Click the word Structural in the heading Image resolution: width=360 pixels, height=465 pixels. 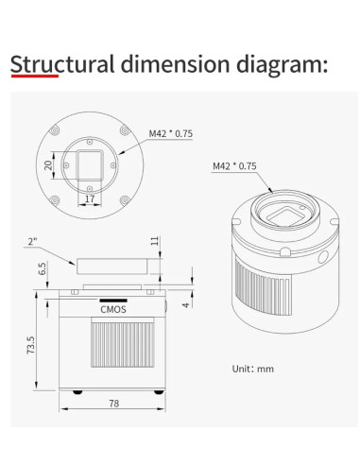point(62,64)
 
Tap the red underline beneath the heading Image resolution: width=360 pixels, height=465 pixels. point(35,76)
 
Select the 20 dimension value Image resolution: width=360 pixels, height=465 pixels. point(48,165)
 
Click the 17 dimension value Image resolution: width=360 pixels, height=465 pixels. point(90,198)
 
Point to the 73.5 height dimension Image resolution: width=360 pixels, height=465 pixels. point(31,345)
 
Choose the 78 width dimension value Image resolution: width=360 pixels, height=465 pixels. point(114,404)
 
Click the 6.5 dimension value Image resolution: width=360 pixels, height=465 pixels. point(43,268)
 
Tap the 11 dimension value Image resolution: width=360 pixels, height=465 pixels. point(155,241)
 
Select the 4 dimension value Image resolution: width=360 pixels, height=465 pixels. point(186,305)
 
